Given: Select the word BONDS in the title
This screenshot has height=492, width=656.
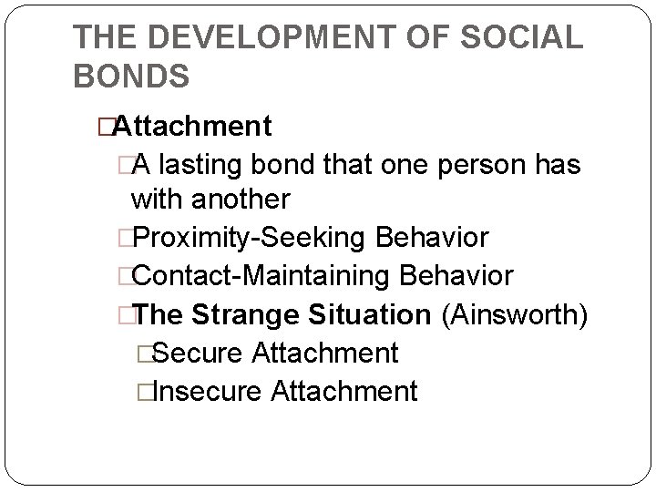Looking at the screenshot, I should pyautogui.click(x=131, y=75).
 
